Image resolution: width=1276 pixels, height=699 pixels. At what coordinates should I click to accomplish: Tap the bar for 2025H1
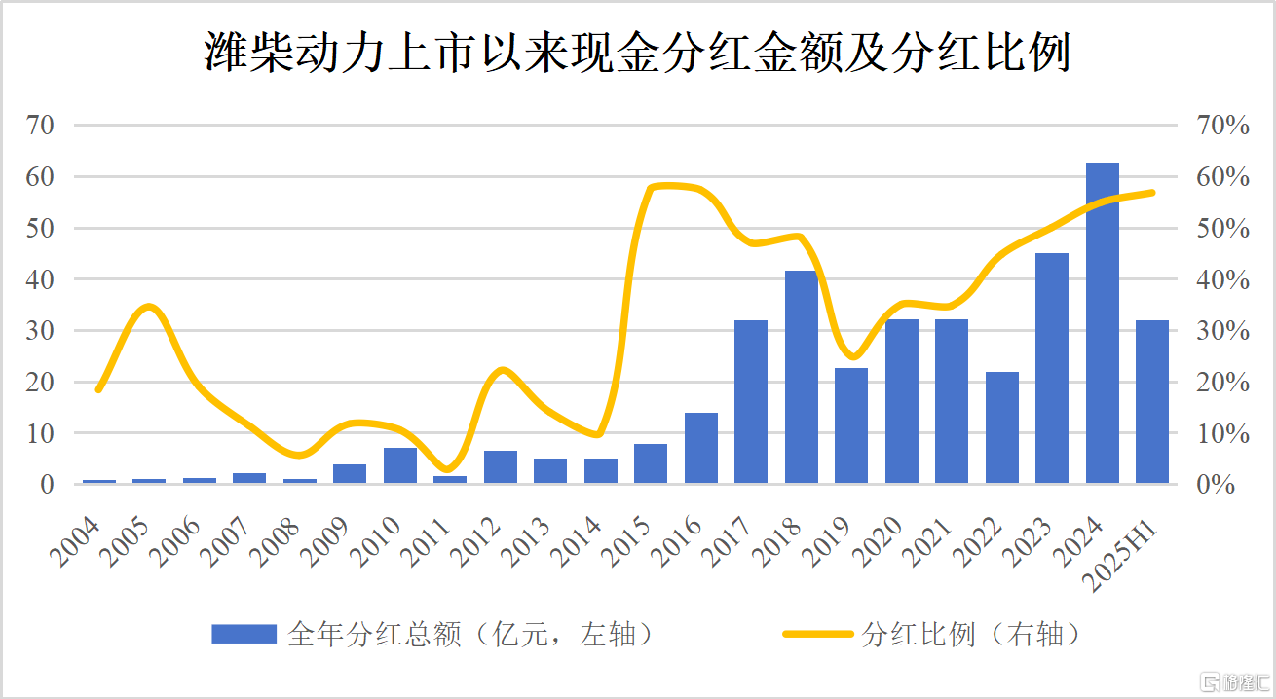(1151, 402)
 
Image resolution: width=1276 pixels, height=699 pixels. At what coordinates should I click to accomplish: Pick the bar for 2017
(751, 402)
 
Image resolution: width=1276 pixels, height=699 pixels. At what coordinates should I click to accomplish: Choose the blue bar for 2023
(1051, 368)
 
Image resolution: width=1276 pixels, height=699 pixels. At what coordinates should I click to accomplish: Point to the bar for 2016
(700, 448)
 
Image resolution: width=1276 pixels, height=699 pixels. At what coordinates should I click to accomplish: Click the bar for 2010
(399, 465)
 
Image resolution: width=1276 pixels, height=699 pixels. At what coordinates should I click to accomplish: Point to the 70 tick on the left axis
(43, 126)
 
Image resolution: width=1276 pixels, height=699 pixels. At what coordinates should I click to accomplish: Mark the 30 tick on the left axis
(43, 331)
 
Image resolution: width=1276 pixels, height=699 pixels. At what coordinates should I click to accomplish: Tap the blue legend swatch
(244, 635)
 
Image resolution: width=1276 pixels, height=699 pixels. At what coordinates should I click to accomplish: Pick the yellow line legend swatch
(818, 635)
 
